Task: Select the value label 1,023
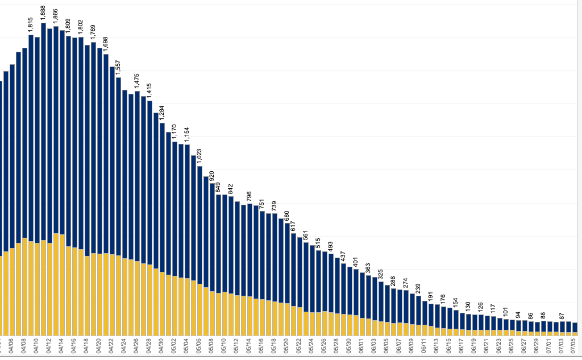click(x=199, y=156)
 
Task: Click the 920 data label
click(x=212, y=176)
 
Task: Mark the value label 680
click(x=287, y=216)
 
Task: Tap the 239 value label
click(x=418, y=288)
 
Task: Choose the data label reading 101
click(x=506, y=312)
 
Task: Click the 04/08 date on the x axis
click(x=24, y=346)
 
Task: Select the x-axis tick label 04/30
click(x=162, y=346)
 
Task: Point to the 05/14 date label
click(x=250, y=346)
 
